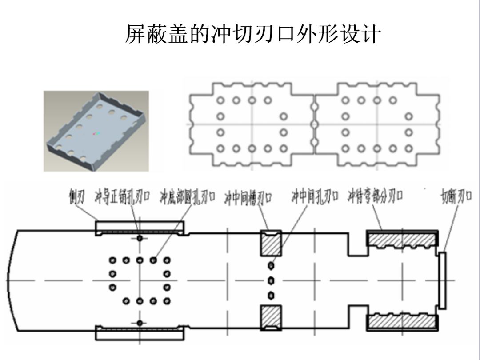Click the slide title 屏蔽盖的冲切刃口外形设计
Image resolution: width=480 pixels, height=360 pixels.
pos(253,34)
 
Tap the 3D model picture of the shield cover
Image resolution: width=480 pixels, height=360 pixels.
pos(96,131)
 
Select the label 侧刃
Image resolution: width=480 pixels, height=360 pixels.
pos(76,197)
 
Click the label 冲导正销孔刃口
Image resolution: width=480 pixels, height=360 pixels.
pos(123,197)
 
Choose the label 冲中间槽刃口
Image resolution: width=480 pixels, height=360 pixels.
pos(248,197)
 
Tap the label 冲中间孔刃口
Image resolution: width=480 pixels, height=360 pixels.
pos(315,197)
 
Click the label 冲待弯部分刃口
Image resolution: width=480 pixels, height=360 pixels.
pos(376,196)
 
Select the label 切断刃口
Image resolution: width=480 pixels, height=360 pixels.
pos(456,196)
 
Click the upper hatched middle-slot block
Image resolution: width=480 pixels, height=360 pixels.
pos(271,243)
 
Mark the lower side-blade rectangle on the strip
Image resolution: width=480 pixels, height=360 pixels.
pos(140,333)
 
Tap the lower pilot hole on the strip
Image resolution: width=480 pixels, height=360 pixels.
pos(140,323)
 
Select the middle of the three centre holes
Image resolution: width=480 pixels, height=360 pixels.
pos(271,280)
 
